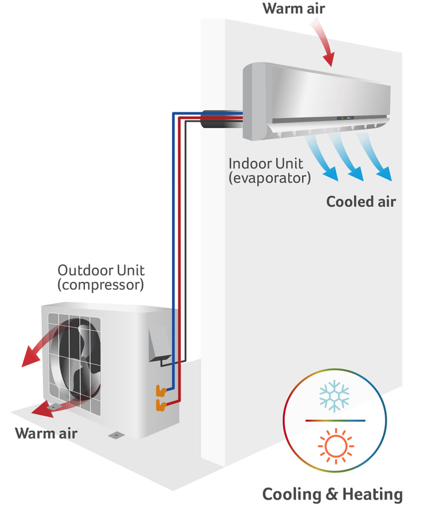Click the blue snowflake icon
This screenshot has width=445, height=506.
point(334,396)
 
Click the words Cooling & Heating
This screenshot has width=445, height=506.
point(332,494)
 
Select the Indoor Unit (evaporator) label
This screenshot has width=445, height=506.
point(269,171)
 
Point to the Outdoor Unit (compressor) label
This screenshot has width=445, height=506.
point(101,277)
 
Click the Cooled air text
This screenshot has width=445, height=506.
point(361,202)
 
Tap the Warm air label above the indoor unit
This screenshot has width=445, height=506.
point(294,9)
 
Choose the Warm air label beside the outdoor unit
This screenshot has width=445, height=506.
point(46,433)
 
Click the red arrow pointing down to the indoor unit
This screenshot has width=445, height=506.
point(324,43)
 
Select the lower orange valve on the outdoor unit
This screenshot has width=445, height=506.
point(161,405)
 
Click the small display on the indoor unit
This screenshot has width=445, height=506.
point(345,118)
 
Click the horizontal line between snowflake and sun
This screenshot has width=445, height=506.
point(335,420)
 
